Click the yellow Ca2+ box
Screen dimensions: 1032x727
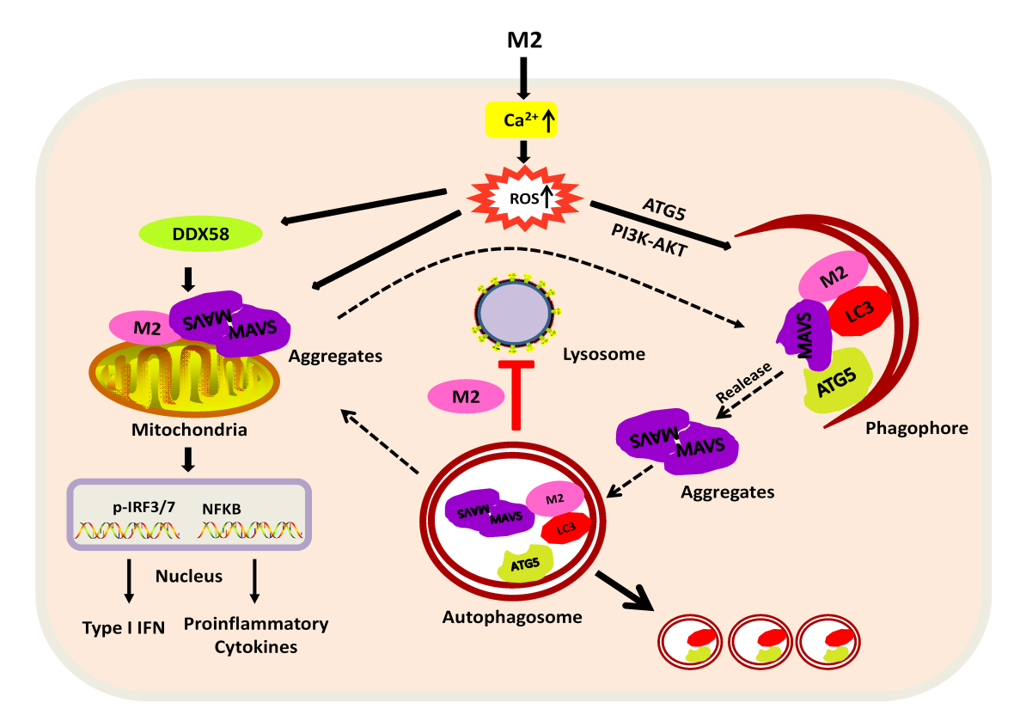[x=521, y=119]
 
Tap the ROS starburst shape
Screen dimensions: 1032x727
[x=525, y=199]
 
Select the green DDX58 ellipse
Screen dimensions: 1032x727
[x=201, y=234]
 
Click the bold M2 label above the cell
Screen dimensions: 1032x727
[x=524, y=40]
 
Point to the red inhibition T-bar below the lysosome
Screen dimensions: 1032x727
[x=516, y=394]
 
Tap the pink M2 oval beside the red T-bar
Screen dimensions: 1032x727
[x=466, y=396]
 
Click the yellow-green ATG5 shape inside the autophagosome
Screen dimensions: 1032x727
[x=525, y=564]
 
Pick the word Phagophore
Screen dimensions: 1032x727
[x=916, y=428]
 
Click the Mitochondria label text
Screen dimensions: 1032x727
[x=189, y=430]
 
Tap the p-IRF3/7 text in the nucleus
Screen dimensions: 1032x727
[x=144, y=507]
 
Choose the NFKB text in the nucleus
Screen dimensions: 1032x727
[x=222, y=509]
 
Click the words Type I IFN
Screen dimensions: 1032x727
[x=124, y=627]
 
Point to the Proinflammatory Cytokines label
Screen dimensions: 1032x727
[x=256, y=635]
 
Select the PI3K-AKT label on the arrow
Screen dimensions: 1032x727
[x=649, y=240]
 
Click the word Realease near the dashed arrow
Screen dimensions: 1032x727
[x=743, y=382]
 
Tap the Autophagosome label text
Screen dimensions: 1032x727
[x=512, y=617]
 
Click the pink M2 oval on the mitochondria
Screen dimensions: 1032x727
[x=146, y=328]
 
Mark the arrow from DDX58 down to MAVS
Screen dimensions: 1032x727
[x=188, y=279]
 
